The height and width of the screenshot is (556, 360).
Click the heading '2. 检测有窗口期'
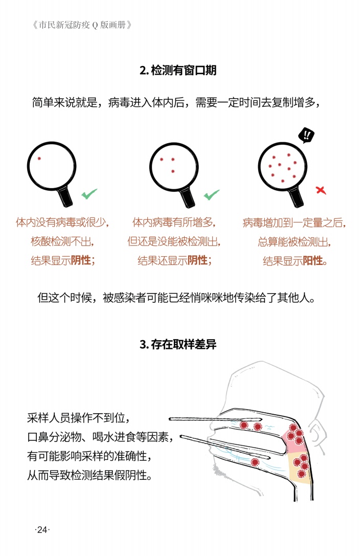(x=178, y=70)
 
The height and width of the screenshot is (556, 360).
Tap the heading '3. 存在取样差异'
(x=178, y=344)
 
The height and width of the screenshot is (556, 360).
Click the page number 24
(x=42, y=529)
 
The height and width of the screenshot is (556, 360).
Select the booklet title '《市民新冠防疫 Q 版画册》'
(x=82, y=25)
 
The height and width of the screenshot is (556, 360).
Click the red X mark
(x=321, y=190)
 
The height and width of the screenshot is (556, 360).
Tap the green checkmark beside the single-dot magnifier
(x=89, y=194)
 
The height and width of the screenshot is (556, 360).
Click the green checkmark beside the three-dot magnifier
(x=212, y=195)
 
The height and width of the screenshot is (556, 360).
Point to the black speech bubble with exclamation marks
(x=306, y=135)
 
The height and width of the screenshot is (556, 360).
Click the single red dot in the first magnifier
(x=39, y=159)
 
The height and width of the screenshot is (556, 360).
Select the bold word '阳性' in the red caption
(x=313, y=261)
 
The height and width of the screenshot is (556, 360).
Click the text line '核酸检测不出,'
(x=62, y=241)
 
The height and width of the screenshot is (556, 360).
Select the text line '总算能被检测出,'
(x=295, y=242)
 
